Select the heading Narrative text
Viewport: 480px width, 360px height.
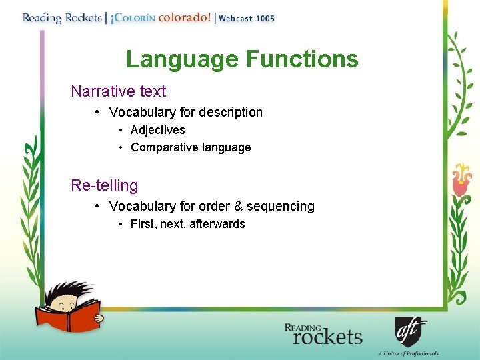point(119,91)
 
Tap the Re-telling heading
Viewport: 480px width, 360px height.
point(105,185)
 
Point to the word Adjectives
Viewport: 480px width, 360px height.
point(158,130)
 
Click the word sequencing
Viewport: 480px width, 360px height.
point(281,206)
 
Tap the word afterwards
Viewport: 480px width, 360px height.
point(217,224)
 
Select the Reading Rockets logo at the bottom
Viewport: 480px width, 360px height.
point(323,334)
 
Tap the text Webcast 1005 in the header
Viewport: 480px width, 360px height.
point(247,18)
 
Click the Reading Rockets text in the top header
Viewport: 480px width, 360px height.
point(61,17)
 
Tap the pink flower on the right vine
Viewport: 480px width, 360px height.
point(461,177)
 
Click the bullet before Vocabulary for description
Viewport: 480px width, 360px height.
point(97,112)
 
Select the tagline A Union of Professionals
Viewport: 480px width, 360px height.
point(408,353)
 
